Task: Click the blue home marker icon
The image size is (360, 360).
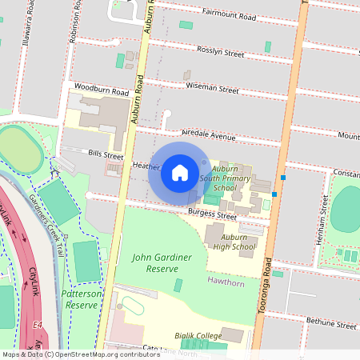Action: pyautogui.click(x=179, y=172)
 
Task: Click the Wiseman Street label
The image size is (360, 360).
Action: pyautogui.click(x=212, y=90)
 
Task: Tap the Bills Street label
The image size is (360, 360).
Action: pyautogui.click(x=106, y=153)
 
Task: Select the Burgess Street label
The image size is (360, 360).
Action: pyautogui.click(x=212, y=215)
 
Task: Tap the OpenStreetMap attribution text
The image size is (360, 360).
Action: pyautogui.click(x=81, y=354)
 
